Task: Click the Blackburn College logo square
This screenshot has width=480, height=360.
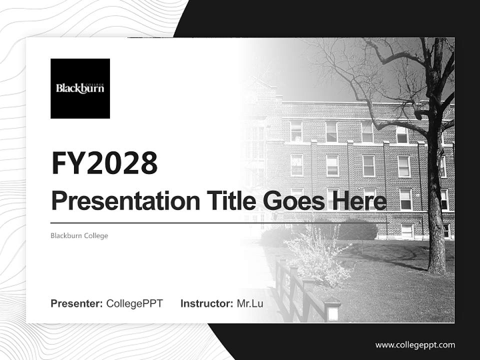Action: coord(80,88)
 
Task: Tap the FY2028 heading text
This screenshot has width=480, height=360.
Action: coord(104,163)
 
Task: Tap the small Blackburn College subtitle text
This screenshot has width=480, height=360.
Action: coord(79,235)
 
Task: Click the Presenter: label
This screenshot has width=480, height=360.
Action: coord(77,303)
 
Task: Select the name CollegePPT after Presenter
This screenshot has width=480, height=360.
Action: coord(134,303)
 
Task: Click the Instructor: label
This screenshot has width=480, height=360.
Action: coord(206,303)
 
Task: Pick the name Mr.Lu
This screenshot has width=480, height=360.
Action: coord(249,303)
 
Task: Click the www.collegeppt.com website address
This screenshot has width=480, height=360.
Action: coord(415,345)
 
